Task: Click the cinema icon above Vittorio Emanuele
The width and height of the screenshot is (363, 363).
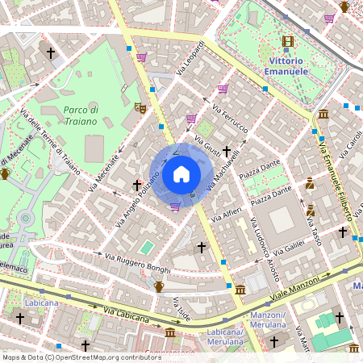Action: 288,41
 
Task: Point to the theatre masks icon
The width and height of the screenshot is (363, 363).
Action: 140,106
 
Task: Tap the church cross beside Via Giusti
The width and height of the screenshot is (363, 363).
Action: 227,150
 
